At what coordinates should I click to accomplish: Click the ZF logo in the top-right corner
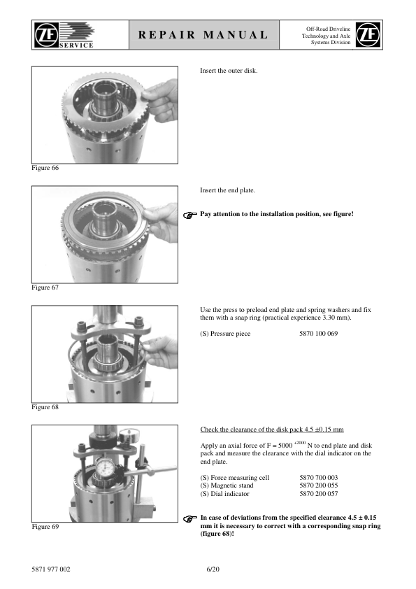[x=368, y=34]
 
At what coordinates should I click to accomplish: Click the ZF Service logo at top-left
[x=64, y=35]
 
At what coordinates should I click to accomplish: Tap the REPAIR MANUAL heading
[x=203, y=35]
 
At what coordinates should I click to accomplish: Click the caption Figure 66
[x=45, y=168]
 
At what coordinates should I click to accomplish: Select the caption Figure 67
[x=45, y=288]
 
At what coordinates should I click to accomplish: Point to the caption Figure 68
[x=45, y=407]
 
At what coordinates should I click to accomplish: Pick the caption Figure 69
[x=45, y=527]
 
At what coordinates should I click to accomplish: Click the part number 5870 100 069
[x=318, y=334]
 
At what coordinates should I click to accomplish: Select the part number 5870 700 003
[x=318, y=478]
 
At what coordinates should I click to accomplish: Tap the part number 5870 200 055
[x=318, y=485]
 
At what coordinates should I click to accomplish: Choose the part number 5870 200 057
[x=318, y=494]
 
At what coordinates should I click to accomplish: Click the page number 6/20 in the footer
[x=213, y=569]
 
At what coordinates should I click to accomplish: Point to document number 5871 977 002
[x=50, y=569]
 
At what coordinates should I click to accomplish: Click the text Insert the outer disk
[x=229, y=71]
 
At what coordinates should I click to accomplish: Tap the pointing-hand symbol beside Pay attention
[x=190, y=215]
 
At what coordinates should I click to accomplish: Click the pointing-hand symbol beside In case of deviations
[x=190, y=519]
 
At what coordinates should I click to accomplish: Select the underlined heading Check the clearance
[x=272, y=430]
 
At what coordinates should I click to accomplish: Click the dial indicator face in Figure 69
[x=105, y=469]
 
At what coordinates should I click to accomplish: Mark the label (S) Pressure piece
[x=225, y=334]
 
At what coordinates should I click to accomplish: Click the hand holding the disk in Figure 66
[x=162, y=100]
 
